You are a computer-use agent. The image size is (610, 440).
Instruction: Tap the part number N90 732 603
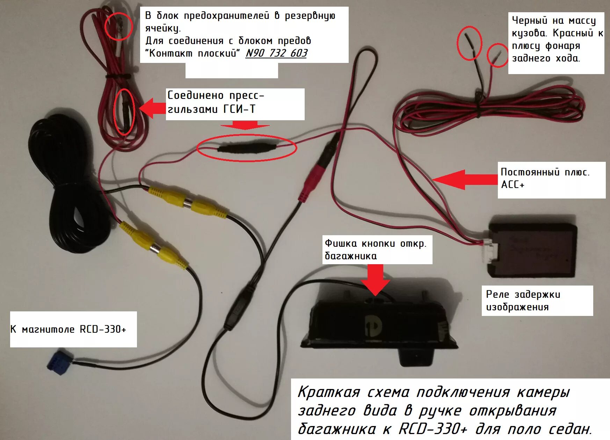[x=276, y=53]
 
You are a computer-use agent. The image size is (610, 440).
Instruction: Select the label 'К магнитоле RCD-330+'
[x=68, y=329]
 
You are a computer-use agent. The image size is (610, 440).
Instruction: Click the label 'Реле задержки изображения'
[x=523, y=301]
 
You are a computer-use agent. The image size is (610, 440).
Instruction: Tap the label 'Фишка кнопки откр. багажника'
[x=376, y=250]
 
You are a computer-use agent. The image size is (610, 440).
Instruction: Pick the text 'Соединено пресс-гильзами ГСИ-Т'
[x=216, y=102]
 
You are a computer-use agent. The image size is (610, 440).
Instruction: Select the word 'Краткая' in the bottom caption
[x=328, y=392]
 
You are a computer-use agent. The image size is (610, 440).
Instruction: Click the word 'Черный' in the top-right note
[x=529, y=20]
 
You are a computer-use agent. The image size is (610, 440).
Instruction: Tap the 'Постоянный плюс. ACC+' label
[x=545, y=178]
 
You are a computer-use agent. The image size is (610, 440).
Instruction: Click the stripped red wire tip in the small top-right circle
[x=498, y=54]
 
